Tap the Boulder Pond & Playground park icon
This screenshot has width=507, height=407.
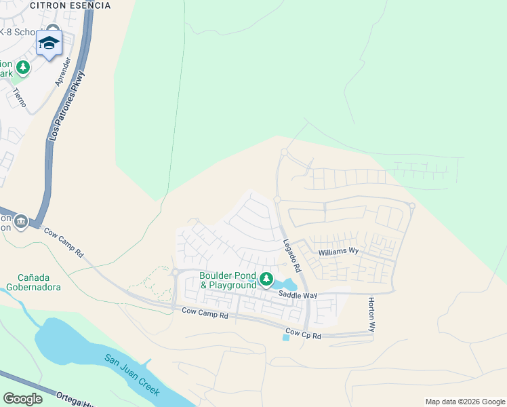coord(266,279)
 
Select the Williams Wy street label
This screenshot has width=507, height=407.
coord(339,251)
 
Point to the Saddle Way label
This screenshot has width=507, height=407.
coord(298,295)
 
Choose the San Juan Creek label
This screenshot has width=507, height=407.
coord(131,374)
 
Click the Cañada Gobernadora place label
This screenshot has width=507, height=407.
coord(39,282)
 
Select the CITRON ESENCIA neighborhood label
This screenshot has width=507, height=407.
coord(70,5)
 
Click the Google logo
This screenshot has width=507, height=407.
coord(22,399)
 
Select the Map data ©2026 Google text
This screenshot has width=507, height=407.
coord(464,402)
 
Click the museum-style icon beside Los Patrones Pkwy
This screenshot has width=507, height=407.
coord(20,221)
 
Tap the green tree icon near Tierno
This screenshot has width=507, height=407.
coord(23,67)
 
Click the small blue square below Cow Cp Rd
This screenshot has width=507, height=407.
coord(285,338)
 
